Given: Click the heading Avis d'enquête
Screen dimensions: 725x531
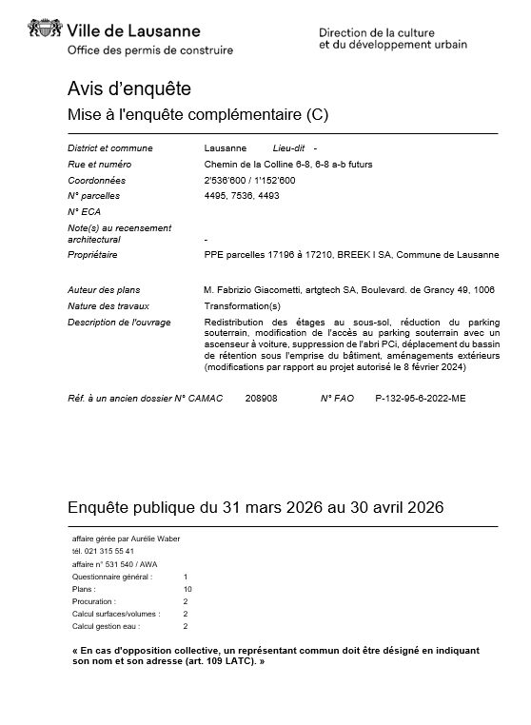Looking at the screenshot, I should tap(129, 88).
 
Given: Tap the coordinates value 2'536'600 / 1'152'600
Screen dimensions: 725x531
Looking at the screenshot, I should tap(250, 180).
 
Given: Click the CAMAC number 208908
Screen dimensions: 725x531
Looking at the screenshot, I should tap(261, 398).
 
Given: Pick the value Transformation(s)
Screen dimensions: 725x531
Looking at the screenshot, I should tap(243, 305).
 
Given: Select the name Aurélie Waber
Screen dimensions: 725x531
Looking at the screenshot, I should tap(153, 539).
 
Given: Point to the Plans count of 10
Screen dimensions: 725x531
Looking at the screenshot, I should tap(187, 589).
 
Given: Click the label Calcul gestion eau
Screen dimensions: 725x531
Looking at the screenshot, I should tap(107, 626).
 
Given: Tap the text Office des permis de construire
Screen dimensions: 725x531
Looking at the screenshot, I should tap(150, 50).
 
